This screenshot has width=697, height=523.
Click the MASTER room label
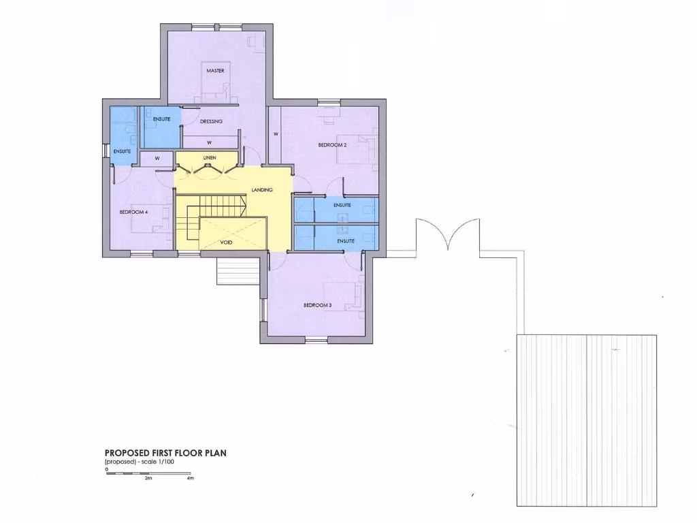215,71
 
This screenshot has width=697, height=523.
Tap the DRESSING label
211,121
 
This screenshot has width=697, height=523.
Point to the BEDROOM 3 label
317,305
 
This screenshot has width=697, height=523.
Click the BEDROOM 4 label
133,212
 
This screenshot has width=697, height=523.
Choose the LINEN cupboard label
209,158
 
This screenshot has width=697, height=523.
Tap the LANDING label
262,190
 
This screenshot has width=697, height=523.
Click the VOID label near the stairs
227,242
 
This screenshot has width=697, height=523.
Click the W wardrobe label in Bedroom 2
276,134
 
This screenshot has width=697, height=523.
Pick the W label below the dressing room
209,142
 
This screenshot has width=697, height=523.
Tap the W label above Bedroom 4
157,158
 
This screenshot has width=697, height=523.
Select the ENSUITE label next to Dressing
161,119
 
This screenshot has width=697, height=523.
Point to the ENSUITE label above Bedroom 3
346,241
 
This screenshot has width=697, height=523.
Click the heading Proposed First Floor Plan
165,452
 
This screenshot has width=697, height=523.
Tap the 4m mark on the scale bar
191,478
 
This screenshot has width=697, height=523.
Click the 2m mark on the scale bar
148,478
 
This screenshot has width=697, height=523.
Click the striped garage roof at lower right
587,420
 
